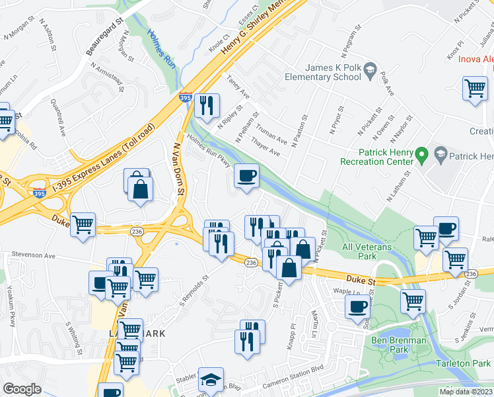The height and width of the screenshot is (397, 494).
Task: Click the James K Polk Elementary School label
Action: [333, 72]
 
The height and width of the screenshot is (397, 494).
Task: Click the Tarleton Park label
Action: [464, 363]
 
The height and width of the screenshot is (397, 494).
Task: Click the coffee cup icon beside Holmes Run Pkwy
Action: [247, 176]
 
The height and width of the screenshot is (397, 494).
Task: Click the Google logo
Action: [22, 388]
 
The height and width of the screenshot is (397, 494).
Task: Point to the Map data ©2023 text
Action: [466, 392]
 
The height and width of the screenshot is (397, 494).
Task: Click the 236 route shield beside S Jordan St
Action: [470, 274]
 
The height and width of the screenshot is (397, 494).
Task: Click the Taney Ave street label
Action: [237, 88]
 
